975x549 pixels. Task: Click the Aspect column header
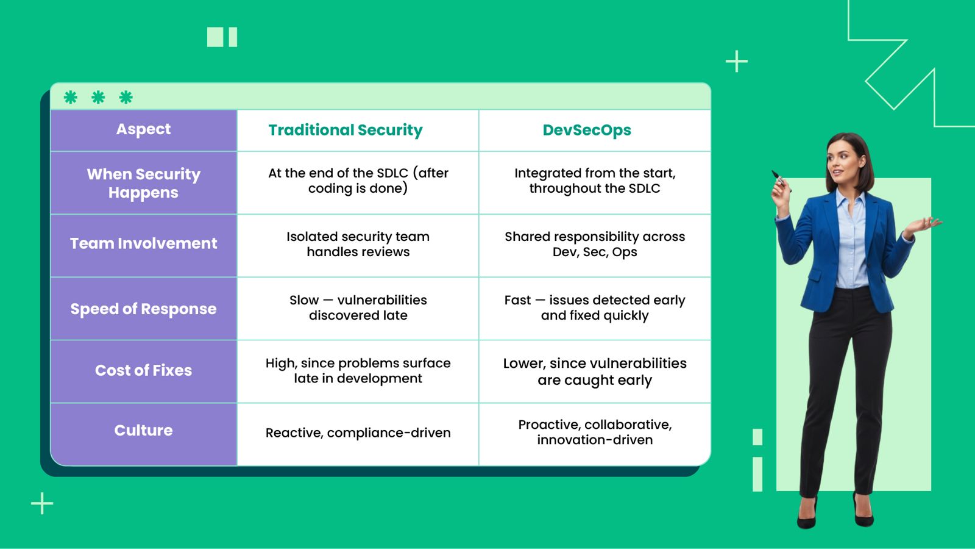144,129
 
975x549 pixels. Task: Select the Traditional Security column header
346,131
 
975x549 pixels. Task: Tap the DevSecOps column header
587,131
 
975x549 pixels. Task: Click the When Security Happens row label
144,183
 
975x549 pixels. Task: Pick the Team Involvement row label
144,243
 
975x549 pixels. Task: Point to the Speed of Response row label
144,309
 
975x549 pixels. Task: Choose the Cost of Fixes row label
144,370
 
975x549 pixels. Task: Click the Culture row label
144,431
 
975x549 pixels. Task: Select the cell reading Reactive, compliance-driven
358,433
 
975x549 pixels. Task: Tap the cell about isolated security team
358,244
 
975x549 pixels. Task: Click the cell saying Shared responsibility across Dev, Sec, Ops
595,244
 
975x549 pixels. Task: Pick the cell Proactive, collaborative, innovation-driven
595,432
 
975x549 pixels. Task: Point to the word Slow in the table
304,300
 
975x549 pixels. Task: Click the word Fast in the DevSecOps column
517,300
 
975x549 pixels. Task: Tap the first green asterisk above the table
71,97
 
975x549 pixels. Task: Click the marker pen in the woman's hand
778,178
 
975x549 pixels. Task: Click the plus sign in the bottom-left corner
42,503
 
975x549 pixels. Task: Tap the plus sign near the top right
737,62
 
